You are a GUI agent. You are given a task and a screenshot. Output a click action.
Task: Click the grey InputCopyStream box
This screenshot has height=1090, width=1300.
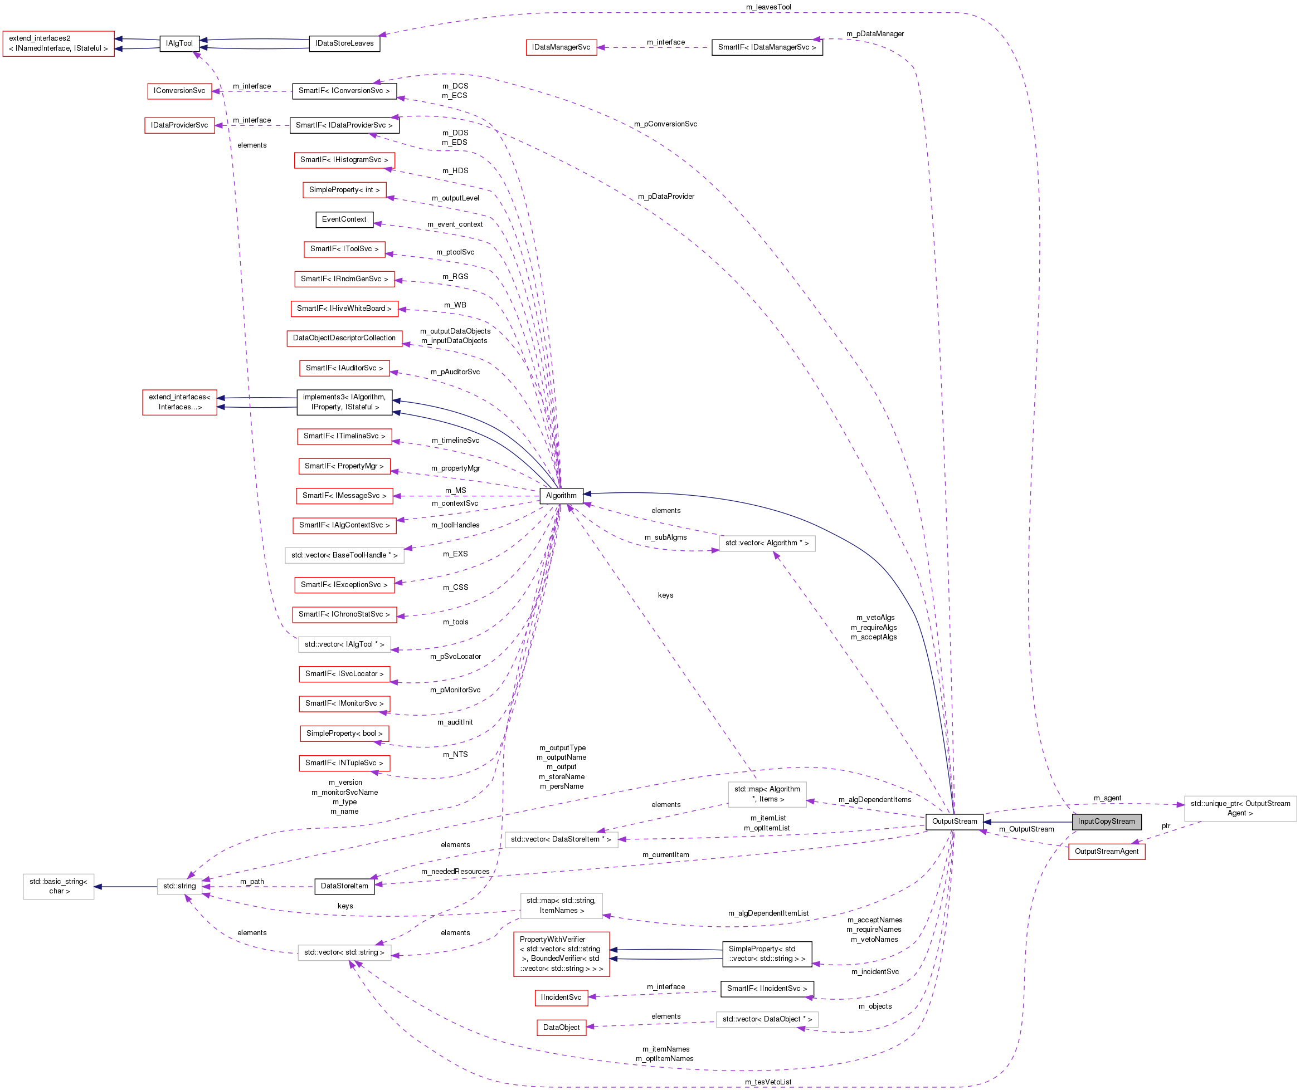point(1106,822)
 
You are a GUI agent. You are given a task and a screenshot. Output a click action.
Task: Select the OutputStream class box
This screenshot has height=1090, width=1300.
point(954,822)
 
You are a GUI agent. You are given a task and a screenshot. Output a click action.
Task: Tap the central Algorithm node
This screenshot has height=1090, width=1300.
point(561,496)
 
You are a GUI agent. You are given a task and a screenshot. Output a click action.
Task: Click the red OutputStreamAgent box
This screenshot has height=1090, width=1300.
point(1106,851)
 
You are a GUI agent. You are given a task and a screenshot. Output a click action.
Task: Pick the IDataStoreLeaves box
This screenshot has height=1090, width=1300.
point(344,43)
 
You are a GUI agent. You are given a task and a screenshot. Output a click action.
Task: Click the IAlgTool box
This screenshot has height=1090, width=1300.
point(179,43)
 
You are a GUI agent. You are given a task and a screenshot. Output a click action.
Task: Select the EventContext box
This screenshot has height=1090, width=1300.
point(344,219)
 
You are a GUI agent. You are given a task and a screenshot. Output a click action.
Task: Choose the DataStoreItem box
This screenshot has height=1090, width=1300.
point(344,886)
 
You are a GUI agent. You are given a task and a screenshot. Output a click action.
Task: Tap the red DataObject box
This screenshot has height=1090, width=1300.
point(561,1027)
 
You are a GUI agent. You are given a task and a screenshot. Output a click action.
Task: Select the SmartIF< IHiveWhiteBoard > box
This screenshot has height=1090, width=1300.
point(344,308)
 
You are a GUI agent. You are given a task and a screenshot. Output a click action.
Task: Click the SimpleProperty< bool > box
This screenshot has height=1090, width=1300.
point(344,733)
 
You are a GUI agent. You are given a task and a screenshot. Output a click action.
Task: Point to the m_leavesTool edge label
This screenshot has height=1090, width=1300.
point(768,7)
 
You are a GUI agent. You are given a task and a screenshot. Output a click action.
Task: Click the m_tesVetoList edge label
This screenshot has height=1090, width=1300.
point(768,1082)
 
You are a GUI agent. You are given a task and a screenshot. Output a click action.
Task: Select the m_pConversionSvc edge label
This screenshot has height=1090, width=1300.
point(665,124)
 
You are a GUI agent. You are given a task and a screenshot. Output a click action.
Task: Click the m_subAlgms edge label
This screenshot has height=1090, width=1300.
point(665,537)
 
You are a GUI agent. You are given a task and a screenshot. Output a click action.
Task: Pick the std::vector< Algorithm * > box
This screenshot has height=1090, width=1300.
point(767,543)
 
